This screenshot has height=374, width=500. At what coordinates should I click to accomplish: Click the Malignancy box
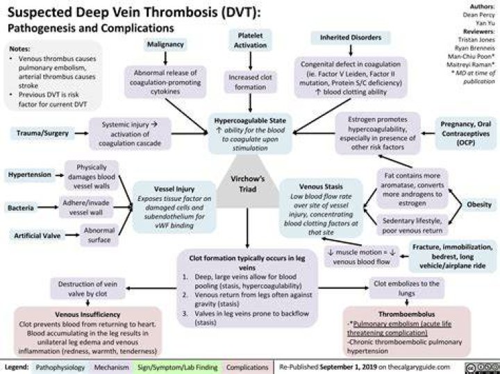(x=165, y=44)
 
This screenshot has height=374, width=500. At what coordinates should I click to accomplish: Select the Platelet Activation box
(x=250, y=40)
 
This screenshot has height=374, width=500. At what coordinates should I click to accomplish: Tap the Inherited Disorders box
(x=351, y=37)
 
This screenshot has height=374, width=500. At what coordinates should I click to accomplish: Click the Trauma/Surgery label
(x=43, y=133)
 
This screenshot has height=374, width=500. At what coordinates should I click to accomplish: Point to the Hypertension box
(x=30, y=175)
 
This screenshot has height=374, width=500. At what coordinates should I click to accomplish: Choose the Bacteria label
(x=21, y=208)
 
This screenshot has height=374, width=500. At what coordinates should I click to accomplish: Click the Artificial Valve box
(x=37, y=236)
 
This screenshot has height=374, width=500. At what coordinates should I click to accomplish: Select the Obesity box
(x=479, y=205)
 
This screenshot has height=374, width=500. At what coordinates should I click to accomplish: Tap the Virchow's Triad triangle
(x=247, y=185)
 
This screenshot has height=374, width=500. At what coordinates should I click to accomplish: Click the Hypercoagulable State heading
(x=250, y=121)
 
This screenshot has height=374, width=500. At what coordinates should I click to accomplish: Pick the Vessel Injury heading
(x=174, y=189)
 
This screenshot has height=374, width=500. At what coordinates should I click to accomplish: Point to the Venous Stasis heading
(x=321, y=187)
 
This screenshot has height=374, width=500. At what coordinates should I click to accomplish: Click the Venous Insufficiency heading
(x=87, y=314)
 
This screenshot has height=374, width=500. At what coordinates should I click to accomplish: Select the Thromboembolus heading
(x=406, y=314)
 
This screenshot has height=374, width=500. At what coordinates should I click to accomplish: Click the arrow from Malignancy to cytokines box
(x=165, y=58)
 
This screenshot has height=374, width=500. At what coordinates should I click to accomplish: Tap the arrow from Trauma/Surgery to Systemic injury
(x=82, y=133)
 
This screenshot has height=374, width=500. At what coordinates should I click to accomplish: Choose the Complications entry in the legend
(x=247, y=367)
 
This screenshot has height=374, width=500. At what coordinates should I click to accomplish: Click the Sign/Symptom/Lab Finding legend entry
(x=177, y=367)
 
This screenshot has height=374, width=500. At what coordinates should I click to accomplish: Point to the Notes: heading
(x=19, y=49)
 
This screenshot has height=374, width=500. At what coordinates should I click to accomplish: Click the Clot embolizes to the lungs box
(x=406, y=288)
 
